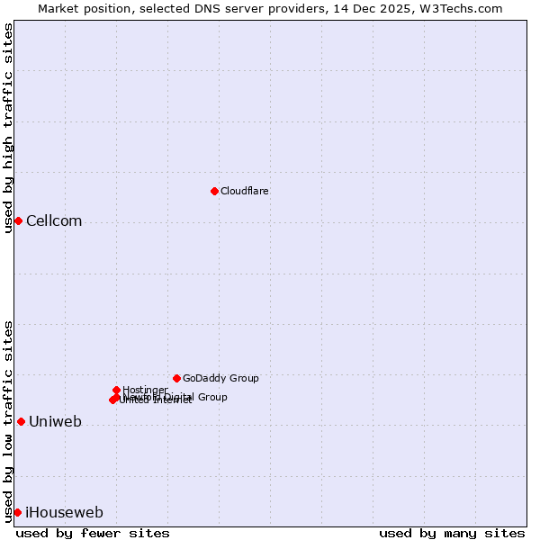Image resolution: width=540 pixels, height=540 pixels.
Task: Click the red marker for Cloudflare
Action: click(x=214, y=191)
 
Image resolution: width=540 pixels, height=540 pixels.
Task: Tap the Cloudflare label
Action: click(x=245, y=191)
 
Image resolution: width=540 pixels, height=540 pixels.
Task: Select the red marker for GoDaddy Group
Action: click(x=176, y=378)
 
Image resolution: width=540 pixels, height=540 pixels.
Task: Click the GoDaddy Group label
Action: click(x=220, y=378)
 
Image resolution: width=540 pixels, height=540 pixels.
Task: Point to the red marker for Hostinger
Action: click(x=116, y=390)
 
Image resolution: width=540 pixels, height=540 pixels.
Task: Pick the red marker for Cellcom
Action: click(x=18, y=220)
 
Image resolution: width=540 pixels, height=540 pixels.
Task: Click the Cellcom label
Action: click(x=54, y=221)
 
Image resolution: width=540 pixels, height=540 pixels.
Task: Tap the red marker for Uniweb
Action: click(x=21, y=421)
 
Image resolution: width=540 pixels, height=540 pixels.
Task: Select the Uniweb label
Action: click(x=55, y=422)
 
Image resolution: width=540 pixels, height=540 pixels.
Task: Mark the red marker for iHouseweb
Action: click(x=17, y=512)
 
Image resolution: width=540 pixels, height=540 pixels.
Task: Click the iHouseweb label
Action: click(x=64, y=513)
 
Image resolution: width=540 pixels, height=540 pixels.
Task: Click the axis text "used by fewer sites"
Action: click(x=93, y=533)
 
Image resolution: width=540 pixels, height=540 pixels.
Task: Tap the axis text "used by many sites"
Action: click(x=452, y=533)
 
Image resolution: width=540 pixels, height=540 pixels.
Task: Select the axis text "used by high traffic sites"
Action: click(x=8, y=128)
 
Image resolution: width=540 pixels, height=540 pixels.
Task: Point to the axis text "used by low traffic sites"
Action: click(x=8, y=420)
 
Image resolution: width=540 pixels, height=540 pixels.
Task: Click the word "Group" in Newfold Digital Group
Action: click(x=211, y=397)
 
